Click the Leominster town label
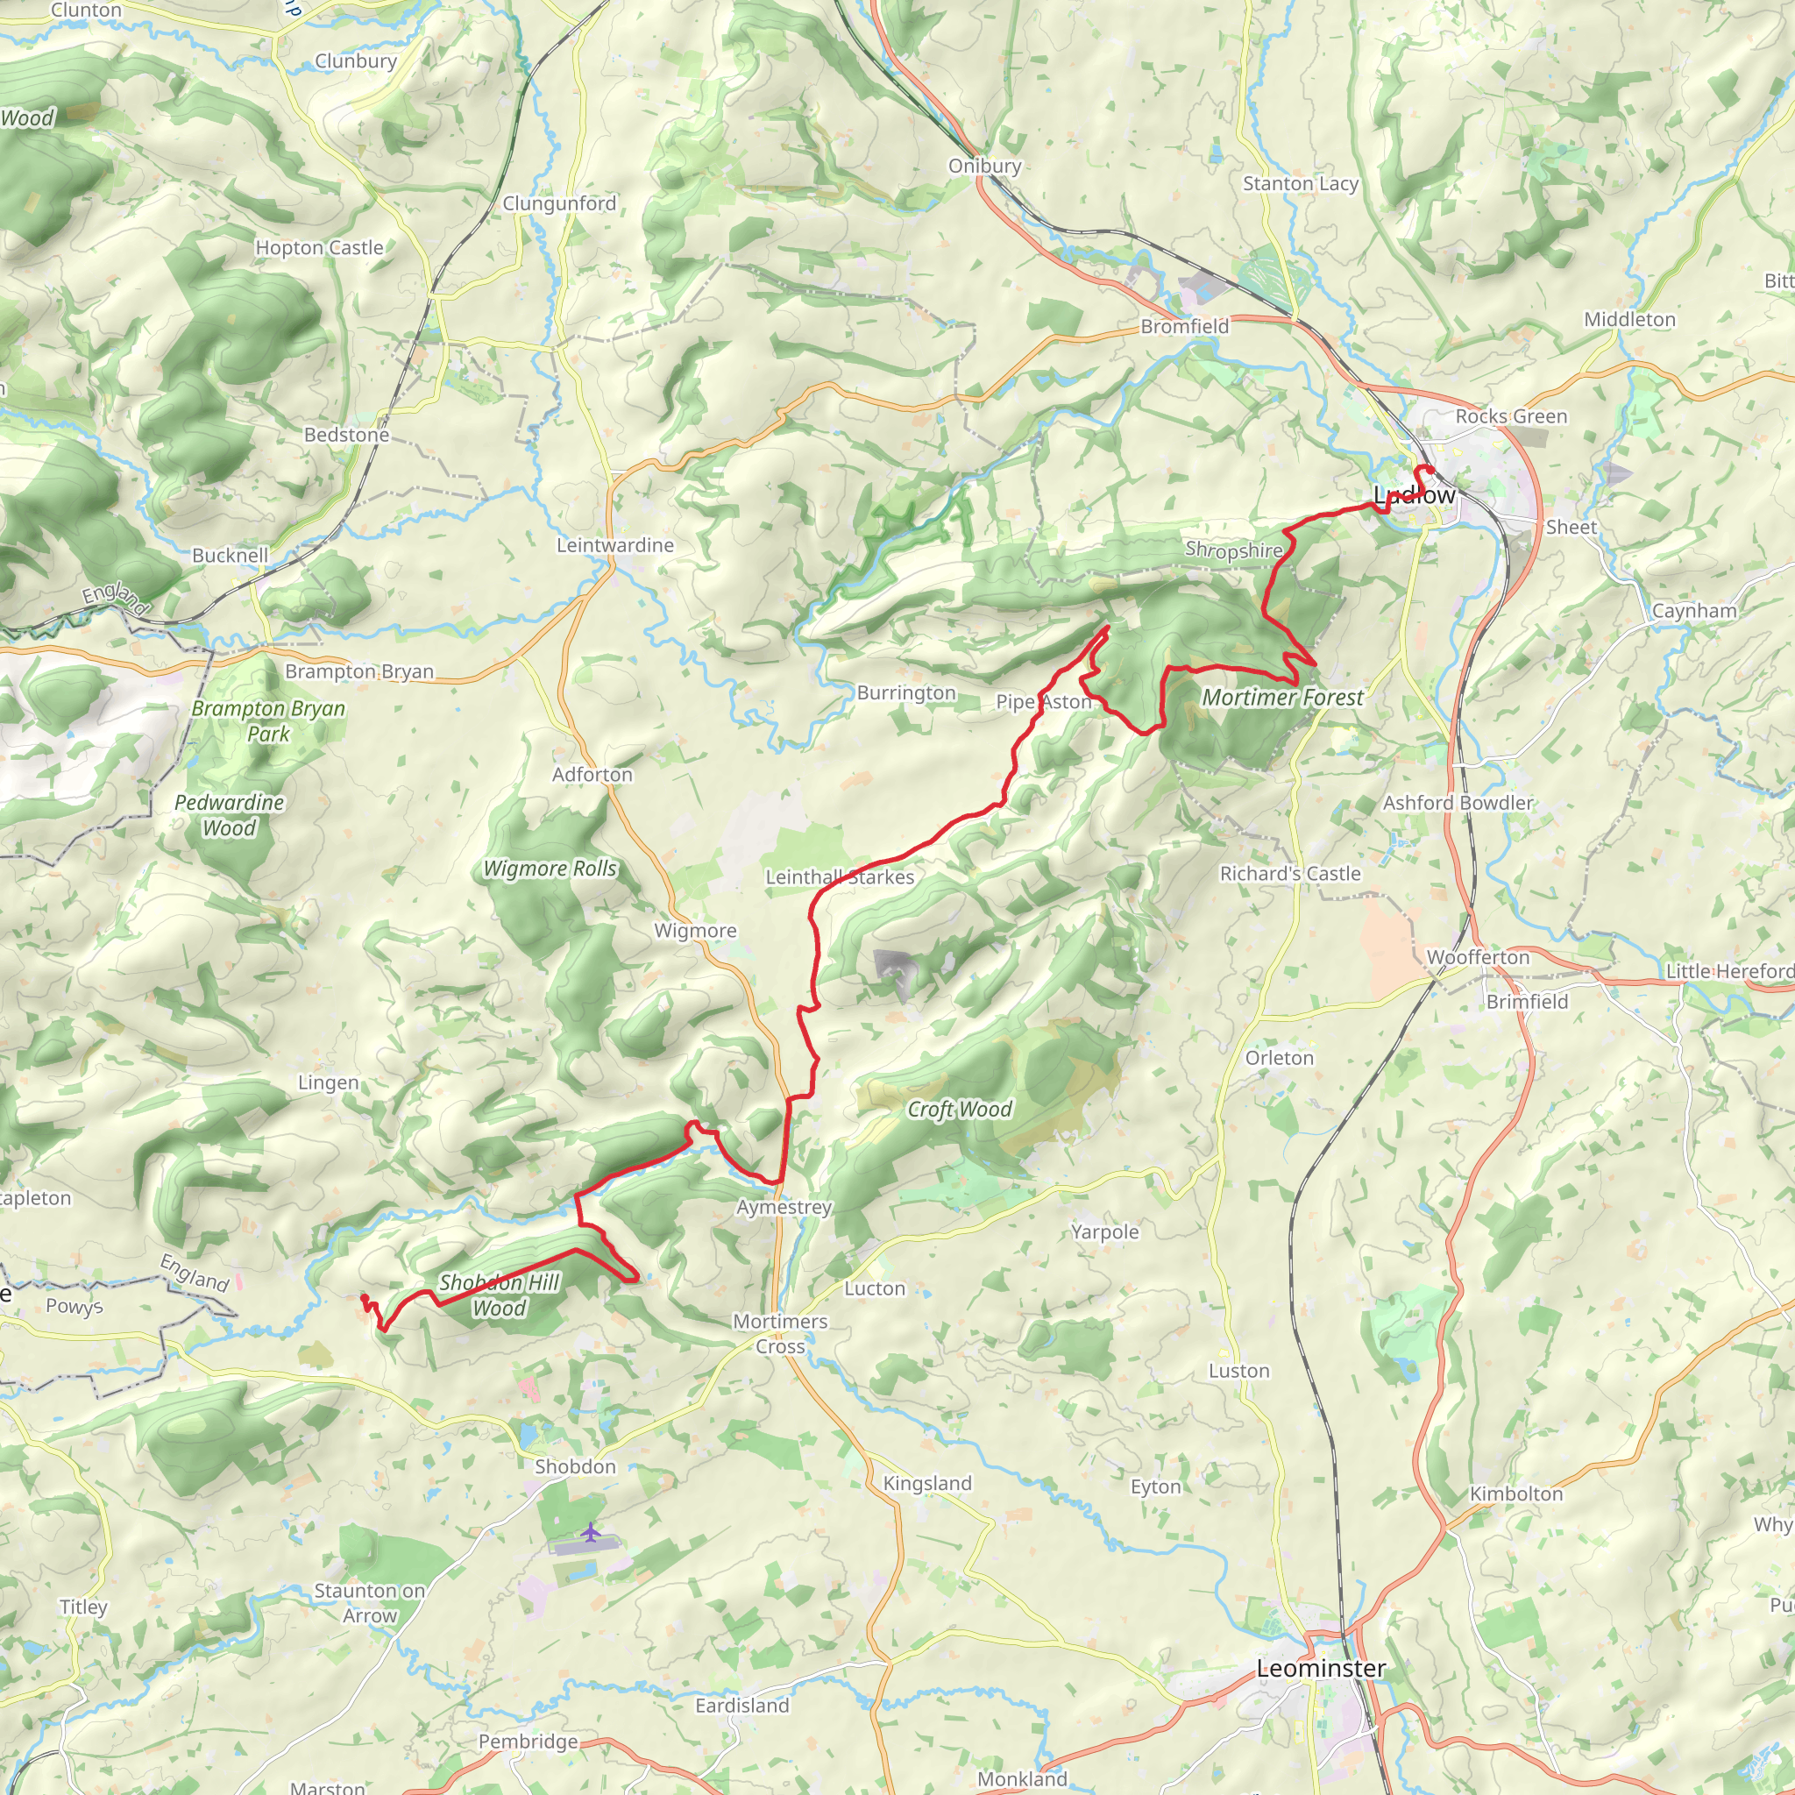(1320, 1668)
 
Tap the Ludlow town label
(1414, 495)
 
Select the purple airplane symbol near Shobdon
(591, 1530)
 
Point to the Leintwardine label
(615, 545)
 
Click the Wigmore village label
(695, 931)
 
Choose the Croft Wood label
(959, 1110)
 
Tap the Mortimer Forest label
(1282, 698)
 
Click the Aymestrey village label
(784, 1207)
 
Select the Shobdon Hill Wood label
(499, 1295)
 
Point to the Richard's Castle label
(1289, 873)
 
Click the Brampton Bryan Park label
(268, 721)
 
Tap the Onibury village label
(985, 167)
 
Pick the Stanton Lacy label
(1301, 184)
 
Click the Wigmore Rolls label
(550, 869)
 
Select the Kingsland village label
(927, 1484)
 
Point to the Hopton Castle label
(320, 248)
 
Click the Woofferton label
(1477, 957)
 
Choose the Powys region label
(74, 1306)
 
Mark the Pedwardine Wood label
(230, 815)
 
